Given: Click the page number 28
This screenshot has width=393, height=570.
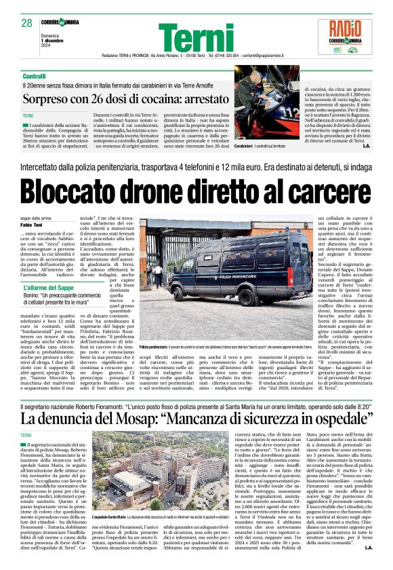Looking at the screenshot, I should coord(27,23).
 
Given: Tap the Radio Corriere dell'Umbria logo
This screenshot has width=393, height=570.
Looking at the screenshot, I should coord(350,36).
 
